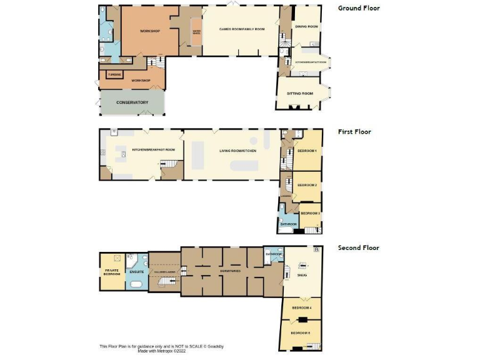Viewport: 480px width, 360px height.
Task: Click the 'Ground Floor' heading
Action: coord(359,8)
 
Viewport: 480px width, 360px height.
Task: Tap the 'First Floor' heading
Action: coord(355,132)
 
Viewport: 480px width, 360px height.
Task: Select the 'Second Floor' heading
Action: coord(359,247)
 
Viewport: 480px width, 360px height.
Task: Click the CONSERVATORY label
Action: coord(132,102)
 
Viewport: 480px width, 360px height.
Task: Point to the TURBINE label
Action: coord(114,75)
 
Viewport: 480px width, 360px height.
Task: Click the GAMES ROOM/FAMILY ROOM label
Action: coord(242,29)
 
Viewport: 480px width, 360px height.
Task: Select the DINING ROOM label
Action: coord(307,27)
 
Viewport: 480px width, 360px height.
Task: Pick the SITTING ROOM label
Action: coord(299,94)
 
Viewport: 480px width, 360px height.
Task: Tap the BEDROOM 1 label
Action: coord(307,151)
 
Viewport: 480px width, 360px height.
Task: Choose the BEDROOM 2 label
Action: coord(307,186)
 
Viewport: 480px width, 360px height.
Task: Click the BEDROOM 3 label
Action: coord(310,213)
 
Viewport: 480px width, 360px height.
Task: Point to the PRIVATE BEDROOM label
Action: coord(112,272)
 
